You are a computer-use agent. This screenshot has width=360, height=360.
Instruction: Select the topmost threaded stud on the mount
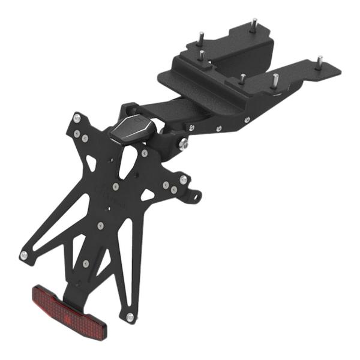click(x=254, y=25)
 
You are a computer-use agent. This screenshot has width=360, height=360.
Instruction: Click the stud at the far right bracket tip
click(x=319, y=60)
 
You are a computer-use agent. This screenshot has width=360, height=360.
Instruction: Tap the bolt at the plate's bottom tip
click(x=129, y=317)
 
